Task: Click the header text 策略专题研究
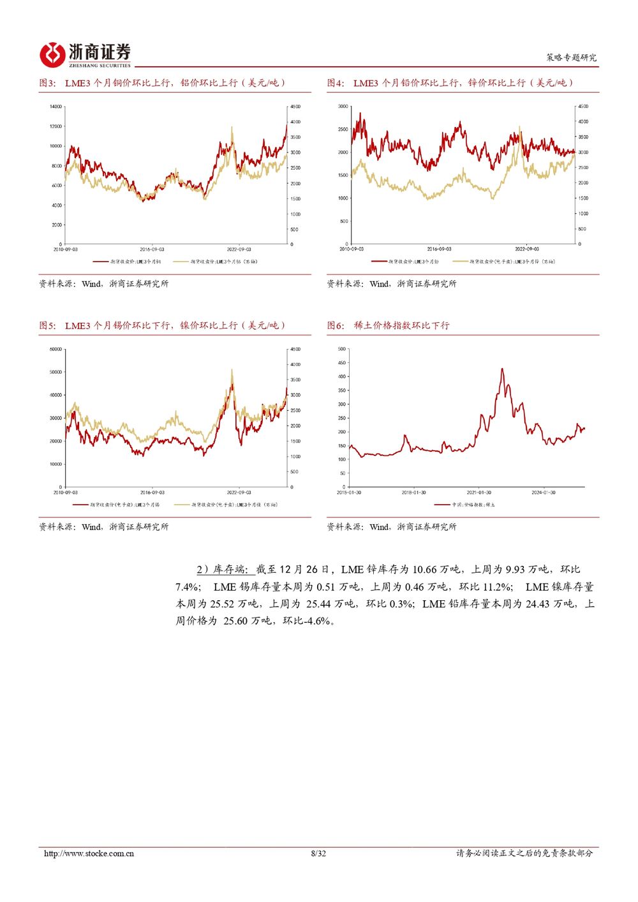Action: (x=571, y=57)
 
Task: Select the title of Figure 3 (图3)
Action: (x=162, y=83)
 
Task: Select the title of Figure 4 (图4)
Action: (x=450, y=83)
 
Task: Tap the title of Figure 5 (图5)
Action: (x=162, y=325)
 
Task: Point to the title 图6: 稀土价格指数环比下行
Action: (x=389, y=325)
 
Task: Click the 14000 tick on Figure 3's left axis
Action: (x=56, y=107)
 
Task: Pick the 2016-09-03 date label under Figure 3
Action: (x=152, y=249)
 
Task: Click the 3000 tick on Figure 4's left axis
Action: (x=343, y=107)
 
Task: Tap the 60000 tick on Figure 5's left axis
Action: (x=56, y=350)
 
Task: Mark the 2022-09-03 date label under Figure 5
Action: (x=239, y=492)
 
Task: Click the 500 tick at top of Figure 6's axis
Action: (x=342, y=350)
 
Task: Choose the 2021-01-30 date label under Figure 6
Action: (x=479, y=492)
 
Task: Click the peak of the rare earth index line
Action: (x=502, y=369)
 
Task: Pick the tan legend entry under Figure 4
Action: (x=504, y=262)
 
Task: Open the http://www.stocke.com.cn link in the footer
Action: (x=89, y=854)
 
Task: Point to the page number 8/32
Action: (x=318, y=854)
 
